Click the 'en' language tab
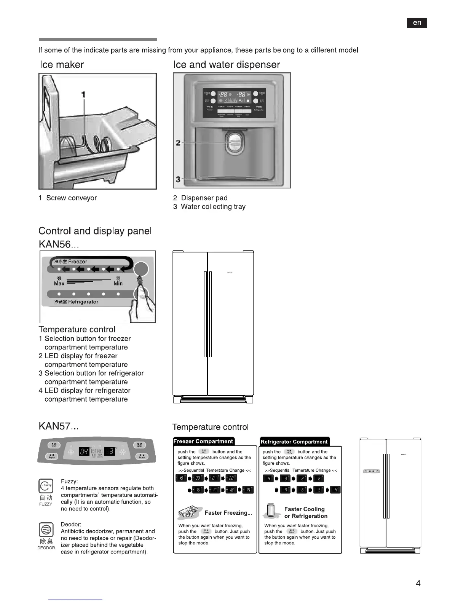pyautogui.click(x=417, y=23)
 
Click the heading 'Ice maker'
pyautogui.click(x=62, y=65)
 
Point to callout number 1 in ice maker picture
pyautogui.click(x=83, y=95)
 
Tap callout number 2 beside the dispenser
pyautogui.click(x=178, y=143)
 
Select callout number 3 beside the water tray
pyautogui.click(x=178, y=179)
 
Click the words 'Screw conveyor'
pyautogui.click(x=71, y=198)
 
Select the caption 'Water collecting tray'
pyautogui.click(x=213, y=207)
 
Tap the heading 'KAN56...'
pyautogui.click(x=59, y=244)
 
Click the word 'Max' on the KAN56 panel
pyautogui.click(x=59, y=284)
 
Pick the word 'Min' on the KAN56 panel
pyautogui.click(x=118, y=284)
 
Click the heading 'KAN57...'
pyautogui.click(x=59, y=426)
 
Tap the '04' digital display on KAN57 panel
pyautogui.click(x=84, y=452)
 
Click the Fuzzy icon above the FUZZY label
pyautogui.click(x=46, y=486)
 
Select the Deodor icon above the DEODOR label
pyautogui.click(x=46, y=530)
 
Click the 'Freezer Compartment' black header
pyautogui.click(x=203, y=441)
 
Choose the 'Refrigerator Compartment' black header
pyautogui.click(x=294, y=442)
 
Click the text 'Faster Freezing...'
pyautogui.click(x=228, y=513)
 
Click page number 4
pyautogui.click(x=418, y=583)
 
